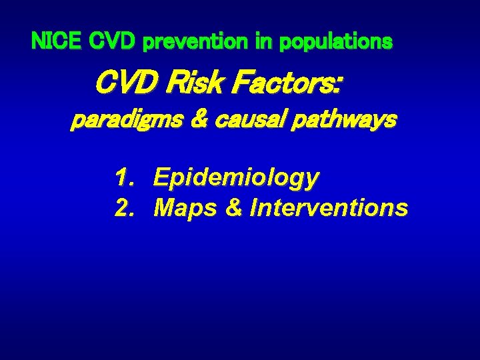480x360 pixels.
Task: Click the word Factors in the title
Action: click(x=280, y=85)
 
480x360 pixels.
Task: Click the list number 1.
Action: click(x=122, y=178)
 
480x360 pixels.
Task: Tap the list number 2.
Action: click(x=122, y=209)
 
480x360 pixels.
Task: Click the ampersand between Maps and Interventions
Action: click(x=233, y=209)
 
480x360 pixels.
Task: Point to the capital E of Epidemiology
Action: click(x=161, y=178)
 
